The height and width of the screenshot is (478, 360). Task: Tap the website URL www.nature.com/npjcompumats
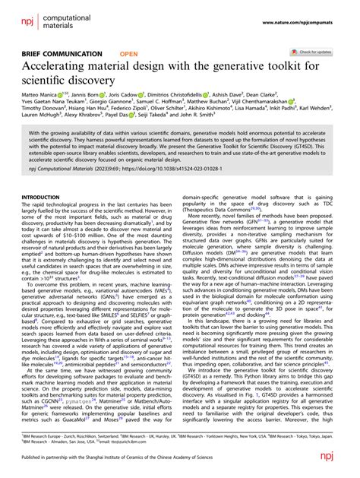311,8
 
